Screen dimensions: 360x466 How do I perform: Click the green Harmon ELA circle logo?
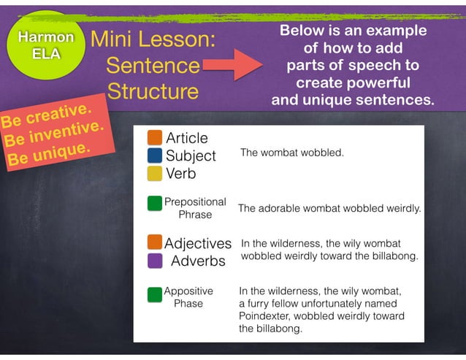tap(46, 45)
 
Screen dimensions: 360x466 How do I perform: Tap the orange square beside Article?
tap(154, 138)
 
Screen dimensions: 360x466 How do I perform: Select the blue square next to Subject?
tap(154, 156)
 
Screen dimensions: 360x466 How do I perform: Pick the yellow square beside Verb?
tap(154, 174)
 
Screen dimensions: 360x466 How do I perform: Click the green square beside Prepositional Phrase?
tap(154, 203)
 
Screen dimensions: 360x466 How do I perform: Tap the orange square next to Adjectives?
tap(154, 242)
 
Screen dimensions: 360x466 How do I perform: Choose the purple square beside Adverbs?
tap(154, 260)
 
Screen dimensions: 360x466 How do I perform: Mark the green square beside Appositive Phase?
tap(154, 295)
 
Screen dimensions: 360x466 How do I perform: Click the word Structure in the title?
tap(153, 91)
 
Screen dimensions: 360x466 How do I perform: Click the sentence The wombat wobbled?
tap(291, 154)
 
